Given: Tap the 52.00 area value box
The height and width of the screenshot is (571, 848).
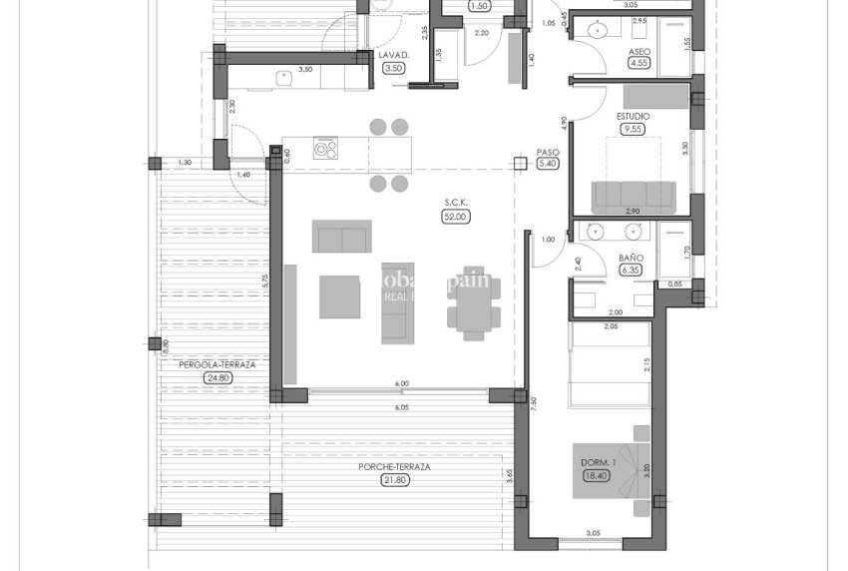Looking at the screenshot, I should tap(457, 216).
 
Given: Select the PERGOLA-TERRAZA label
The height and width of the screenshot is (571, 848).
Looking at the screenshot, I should tap(217, 365).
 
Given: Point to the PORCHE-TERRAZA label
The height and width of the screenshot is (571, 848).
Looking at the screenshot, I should tap(396, 467).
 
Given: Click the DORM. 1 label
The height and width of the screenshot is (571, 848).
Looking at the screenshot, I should tap(601, 463).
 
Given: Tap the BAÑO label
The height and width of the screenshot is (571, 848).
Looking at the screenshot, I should tap(631, 258).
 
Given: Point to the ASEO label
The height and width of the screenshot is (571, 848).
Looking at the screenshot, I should tap(639, 51).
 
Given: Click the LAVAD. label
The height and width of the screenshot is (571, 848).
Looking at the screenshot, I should tap(393, 55).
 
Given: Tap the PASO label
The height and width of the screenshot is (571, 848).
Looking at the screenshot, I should tap(548, 153).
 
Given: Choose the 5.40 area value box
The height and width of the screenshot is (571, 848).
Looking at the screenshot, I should tap(548, 165).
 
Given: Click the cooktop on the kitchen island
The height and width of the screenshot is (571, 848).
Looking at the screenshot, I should tap(326, 149).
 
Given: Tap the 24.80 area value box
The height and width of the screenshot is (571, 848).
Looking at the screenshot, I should tap(217, 378).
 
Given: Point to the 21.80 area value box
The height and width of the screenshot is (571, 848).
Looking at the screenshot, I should tap(396, 480).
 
